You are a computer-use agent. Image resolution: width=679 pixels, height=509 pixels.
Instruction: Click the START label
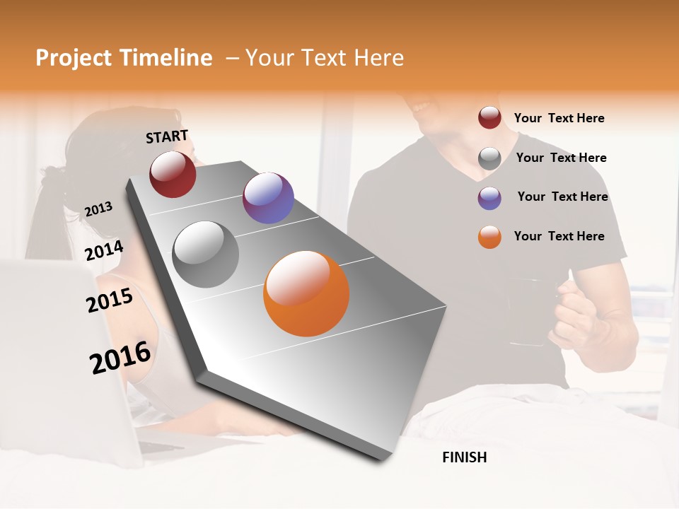167,136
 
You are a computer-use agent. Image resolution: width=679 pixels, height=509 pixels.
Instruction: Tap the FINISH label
464,457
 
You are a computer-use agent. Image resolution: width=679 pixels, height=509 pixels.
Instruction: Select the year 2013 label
98,209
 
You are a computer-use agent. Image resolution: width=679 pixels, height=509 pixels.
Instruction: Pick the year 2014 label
104,251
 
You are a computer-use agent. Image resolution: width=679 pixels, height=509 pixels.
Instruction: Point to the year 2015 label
110,300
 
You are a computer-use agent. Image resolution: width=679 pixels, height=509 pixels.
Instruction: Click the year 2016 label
120,358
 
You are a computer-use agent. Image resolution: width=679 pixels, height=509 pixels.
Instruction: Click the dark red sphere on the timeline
173,174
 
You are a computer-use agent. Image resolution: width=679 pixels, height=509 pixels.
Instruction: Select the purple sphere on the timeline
268,198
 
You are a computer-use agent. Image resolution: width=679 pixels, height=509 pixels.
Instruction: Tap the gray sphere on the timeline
206,254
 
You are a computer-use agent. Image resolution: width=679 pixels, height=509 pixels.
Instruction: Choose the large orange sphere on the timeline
306,293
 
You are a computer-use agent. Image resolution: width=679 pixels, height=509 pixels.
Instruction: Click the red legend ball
489,118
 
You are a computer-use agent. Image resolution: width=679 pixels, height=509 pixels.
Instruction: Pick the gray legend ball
489,158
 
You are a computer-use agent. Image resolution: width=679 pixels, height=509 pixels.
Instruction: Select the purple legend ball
489,198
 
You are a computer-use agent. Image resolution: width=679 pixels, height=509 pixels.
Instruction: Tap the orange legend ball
489,238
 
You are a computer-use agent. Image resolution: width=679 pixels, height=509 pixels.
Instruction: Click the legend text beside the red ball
559,118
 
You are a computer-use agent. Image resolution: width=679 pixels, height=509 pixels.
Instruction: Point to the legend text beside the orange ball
559,236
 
